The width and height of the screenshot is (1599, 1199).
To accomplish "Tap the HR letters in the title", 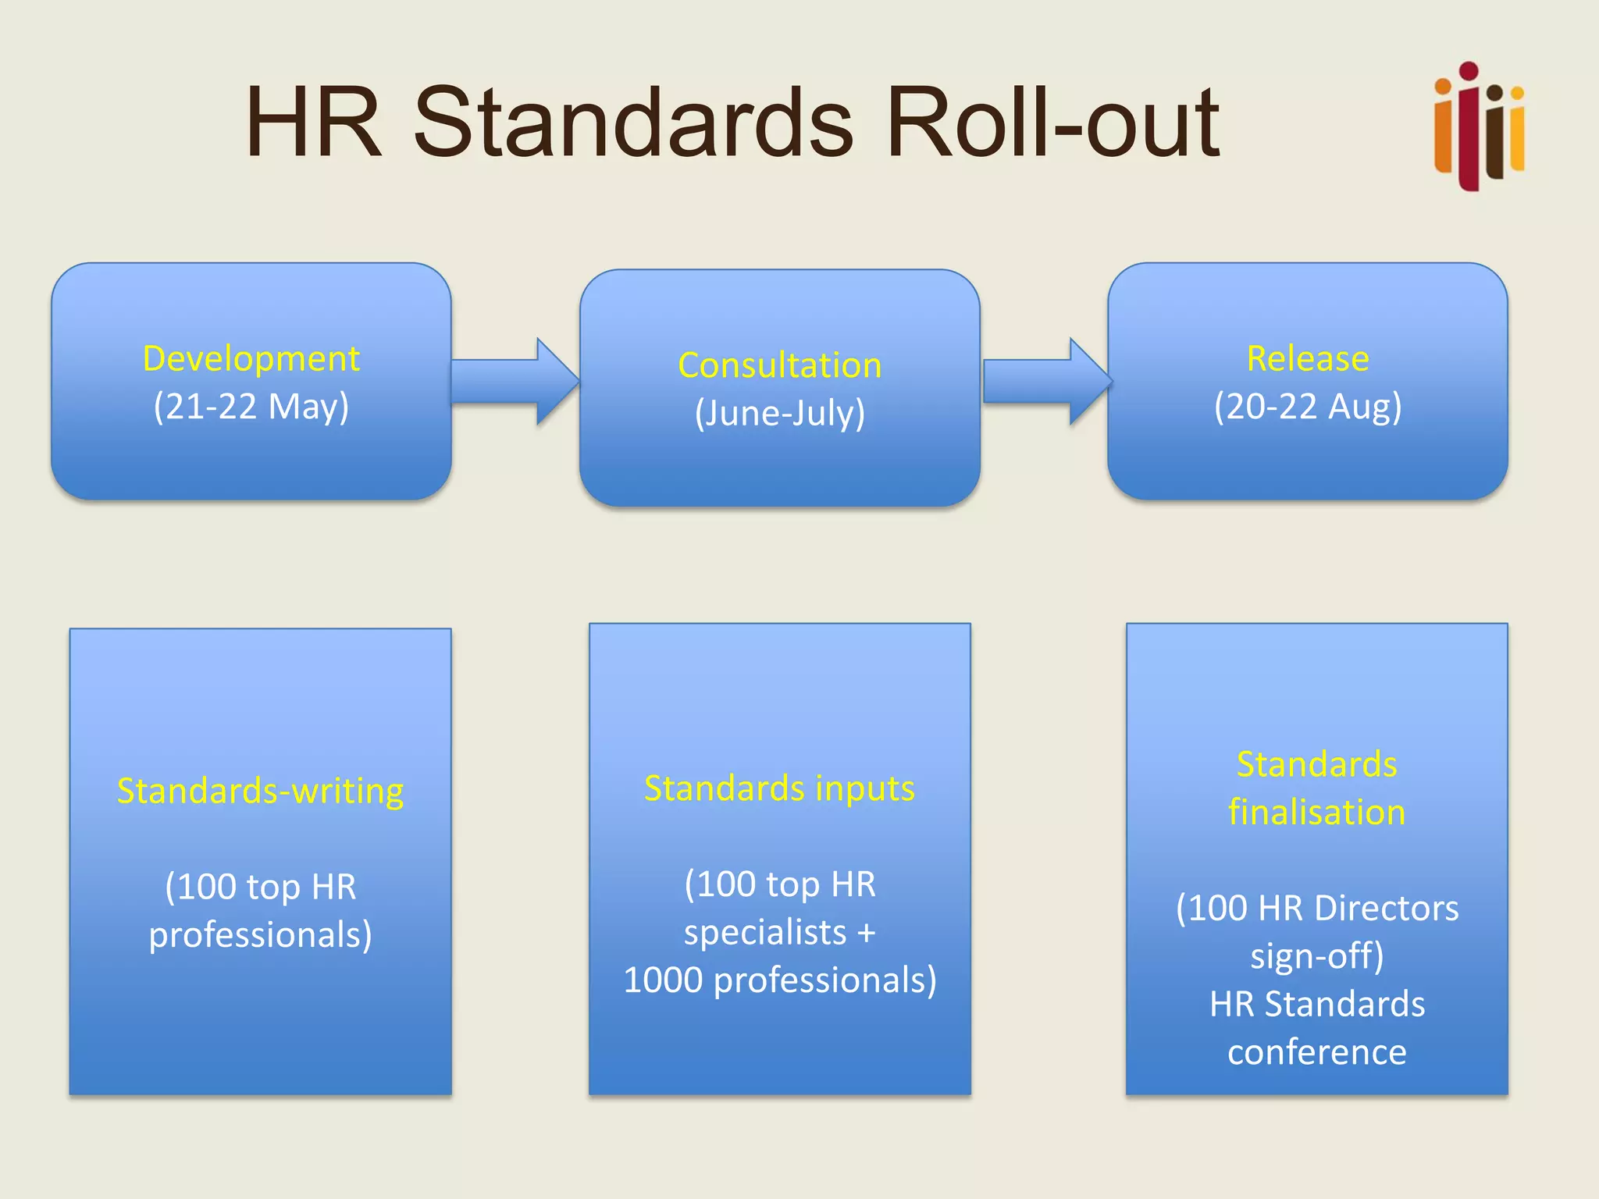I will pos(313,123).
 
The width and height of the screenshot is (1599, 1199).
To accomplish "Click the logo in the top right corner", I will pos(1479,126).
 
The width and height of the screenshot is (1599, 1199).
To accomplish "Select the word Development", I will pos(251,359).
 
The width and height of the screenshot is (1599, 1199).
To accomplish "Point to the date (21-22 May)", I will pos(251,407).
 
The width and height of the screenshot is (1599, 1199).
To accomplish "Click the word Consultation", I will pos(779,365).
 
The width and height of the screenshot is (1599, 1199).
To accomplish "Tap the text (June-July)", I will pos(779,413).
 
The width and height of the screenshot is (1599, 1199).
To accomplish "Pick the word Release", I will pos(1308,359).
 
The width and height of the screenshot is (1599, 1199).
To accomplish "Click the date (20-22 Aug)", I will pos(1308,407).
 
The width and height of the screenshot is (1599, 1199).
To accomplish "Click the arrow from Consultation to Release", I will pos(1046,382).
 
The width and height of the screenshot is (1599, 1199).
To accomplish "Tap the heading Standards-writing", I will pos(260,791).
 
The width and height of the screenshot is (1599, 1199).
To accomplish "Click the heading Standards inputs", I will pos(779,788).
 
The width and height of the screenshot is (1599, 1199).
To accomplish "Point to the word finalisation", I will pos(1316,813).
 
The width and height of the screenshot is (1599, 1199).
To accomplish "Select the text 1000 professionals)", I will pos(779,980).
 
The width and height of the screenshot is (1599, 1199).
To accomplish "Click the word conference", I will pos(1316,1052).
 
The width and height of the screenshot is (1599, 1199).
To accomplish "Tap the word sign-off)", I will pos(1316,956).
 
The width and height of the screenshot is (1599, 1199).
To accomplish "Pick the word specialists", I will pos(765,933).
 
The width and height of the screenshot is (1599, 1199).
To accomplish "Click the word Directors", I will pos(1386,909).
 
